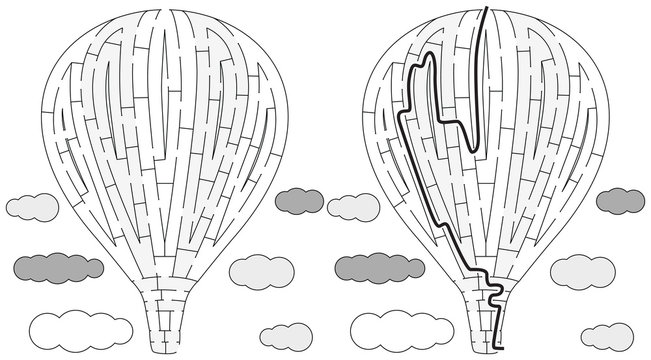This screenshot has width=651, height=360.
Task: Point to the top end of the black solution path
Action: [487, 9]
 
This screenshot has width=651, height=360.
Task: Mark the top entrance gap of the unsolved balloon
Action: [165, 11]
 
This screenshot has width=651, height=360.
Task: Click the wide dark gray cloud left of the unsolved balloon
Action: [59, 266]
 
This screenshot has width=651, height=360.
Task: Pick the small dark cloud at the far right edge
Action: [620, 200]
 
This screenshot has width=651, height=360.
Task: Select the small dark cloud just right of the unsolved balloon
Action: [299, 200]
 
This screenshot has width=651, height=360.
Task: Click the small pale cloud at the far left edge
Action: [32, 207]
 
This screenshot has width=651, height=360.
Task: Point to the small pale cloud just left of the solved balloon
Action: [353, 207]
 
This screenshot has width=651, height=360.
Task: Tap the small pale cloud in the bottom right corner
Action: [606, 335]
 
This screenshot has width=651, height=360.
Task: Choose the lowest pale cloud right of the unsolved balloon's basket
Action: [285, 335]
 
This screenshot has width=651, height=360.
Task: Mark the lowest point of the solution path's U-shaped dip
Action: [472, 150]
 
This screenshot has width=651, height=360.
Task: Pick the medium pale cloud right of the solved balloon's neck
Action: [582, 269]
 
